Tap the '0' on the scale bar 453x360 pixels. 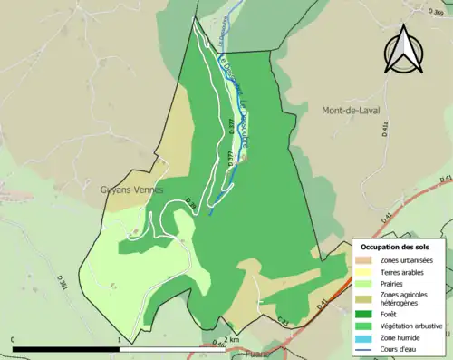[14, 340]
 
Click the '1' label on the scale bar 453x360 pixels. [120, 340]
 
